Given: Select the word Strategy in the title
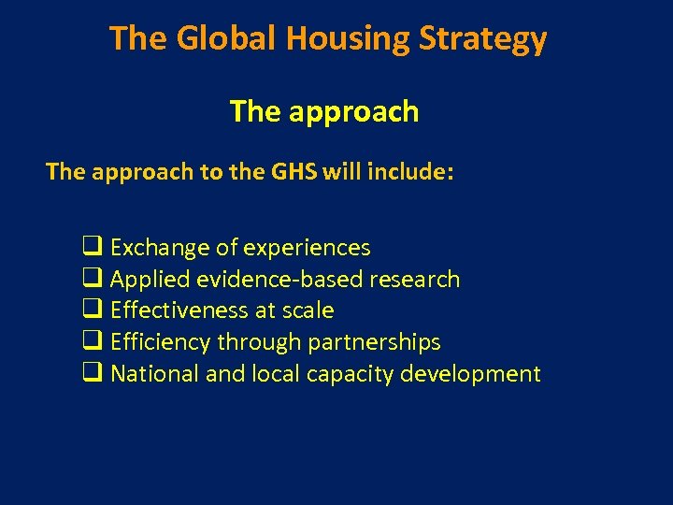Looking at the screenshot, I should (x=493, y=39).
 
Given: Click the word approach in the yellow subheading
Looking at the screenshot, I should (x=353, y=112).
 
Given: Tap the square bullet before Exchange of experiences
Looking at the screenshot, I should (x=92, y=248).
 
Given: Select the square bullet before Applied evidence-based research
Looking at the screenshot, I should (x=92, y=279).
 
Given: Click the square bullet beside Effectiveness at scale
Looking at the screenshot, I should (x=92, y=310).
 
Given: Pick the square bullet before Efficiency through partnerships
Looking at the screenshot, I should (x=92, y=342).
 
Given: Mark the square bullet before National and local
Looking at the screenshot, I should (x=92, y=374).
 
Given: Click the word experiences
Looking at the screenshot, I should (x=307, y=249).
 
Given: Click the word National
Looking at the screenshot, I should (x=154, y=374).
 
